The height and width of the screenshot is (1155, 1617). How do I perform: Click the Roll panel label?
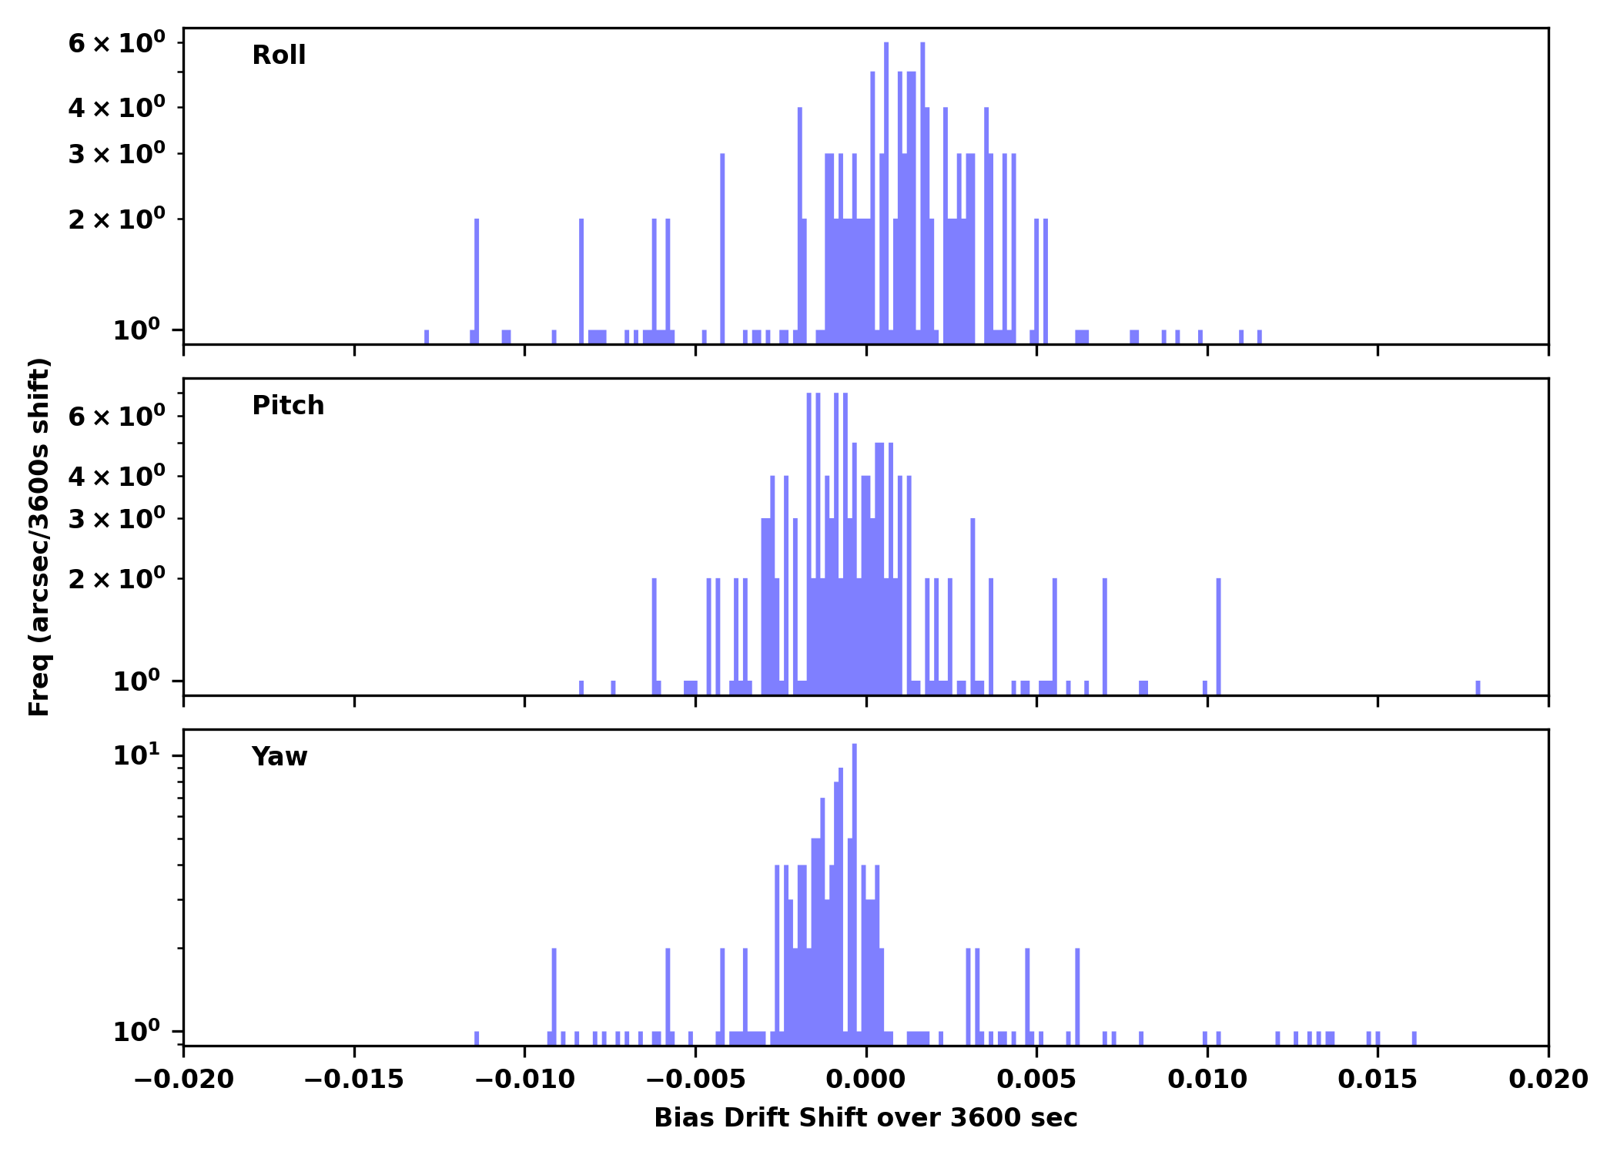279,55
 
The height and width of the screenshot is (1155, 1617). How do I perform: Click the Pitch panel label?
288,406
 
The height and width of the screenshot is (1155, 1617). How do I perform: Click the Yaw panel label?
280,757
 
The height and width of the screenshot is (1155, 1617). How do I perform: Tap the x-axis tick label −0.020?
183,1080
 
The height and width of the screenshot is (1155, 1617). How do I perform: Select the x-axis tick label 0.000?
865,1080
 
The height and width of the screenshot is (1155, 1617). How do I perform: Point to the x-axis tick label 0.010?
1207,1080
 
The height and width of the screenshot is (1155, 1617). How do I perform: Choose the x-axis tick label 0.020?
1548,1080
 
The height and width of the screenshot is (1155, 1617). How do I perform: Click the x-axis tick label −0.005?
695,1080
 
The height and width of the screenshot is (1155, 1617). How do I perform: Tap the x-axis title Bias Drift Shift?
865,1118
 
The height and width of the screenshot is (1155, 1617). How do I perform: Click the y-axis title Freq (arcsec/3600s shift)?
38,537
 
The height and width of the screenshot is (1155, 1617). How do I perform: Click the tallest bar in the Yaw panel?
855,893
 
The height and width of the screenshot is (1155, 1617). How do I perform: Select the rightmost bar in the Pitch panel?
1478,687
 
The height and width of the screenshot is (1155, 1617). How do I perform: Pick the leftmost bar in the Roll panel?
427,336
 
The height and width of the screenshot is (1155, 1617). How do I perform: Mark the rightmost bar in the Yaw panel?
1414,1037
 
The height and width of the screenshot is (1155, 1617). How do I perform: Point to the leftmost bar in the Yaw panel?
477,1037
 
